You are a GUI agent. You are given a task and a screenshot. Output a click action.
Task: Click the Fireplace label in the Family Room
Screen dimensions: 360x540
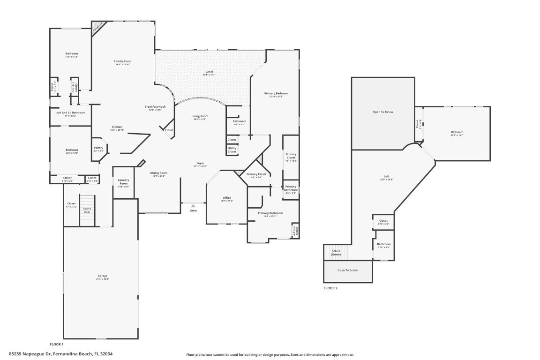tap(97, 28)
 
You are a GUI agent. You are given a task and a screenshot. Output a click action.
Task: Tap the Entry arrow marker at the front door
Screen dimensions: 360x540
tap(193, 205)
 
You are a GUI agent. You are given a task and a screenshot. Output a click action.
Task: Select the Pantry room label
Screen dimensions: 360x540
tap(98, 148)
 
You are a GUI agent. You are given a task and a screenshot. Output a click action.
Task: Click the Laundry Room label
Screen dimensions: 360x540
tap(123, 181)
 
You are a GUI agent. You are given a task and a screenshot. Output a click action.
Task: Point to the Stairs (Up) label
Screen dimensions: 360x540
tap(87, 210)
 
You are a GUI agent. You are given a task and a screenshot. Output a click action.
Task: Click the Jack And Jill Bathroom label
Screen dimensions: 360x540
tap(70, 112)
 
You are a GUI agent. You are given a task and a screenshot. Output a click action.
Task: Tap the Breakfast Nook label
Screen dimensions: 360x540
tap(155, 106)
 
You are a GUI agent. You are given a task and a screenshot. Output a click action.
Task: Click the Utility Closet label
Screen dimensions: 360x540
tap(232, 150)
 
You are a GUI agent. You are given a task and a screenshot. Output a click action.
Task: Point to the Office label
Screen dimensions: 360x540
tap(226, 198)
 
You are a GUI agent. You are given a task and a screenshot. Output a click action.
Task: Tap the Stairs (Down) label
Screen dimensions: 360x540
tap(336, 252)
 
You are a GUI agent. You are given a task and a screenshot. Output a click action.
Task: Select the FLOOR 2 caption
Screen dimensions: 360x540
tap(330, 288)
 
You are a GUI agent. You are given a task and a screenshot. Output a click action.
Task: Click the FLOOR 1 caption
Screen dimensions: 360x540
tap(57, 344)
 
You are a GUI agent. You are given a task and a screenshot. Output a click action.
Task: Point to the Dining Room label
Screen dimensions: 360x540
tap(159, 172)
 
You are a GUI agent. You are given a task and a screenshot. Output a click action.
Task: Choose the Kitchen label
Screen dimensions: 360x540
tap(117, 127)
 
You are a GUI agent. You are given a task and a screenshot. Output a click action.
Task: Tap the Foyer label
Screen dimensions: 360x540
tap(200, 163)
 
